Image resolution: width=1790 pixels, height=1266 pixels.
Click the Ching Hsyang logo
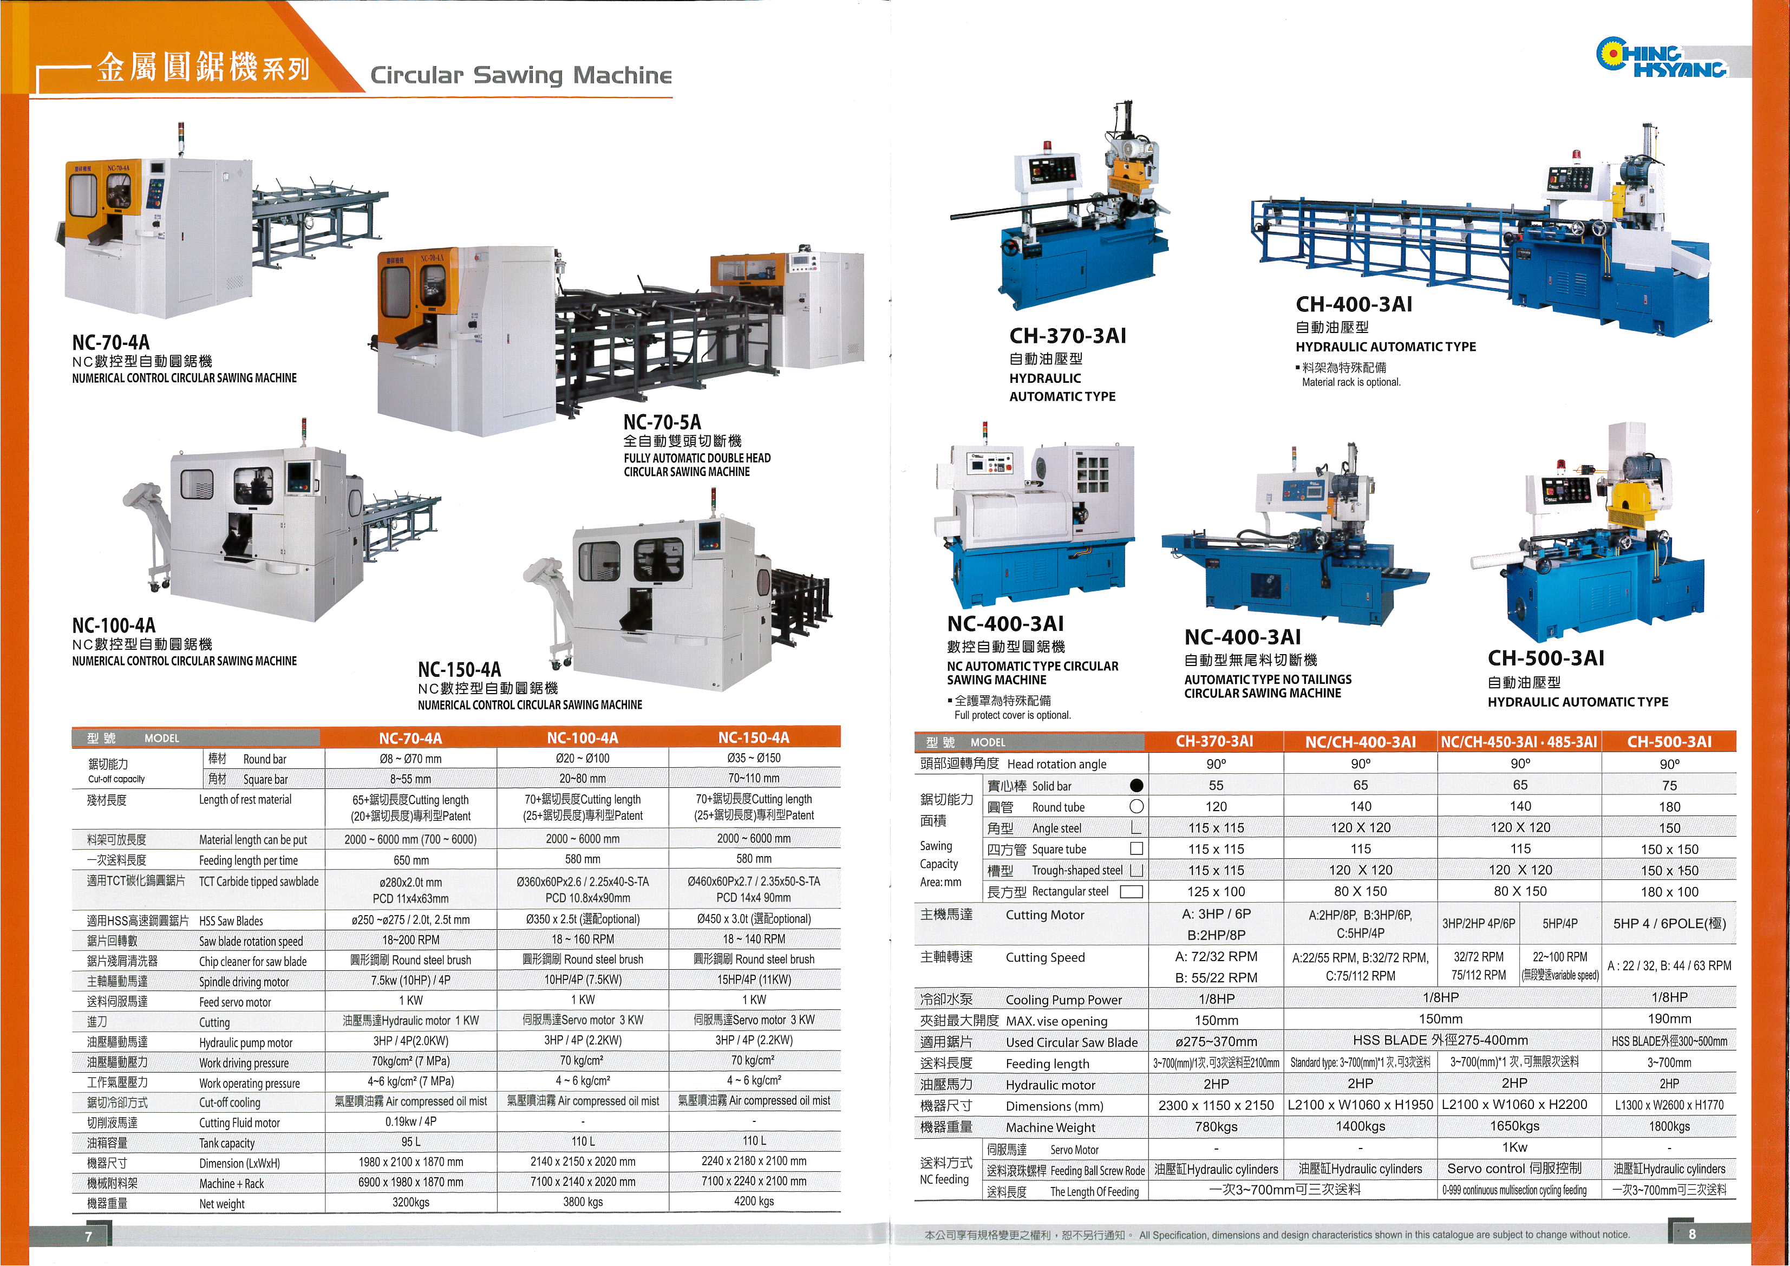tap(1662, 58)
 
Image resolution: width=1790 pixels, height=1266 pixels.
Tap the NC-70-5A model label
tap(662, 422)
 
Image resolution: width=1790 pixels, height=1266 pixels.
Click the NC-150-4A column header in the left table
tap(753, 738)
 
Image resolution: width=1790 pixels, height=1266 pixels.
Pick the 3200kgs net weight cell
tap(411, 1202)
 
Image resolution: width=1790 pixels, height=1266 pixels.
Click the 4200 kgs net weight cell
tap(754, 1202)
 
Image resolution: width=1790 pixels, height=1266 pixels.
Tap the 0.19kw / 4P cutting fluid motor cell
tap(411, 1122)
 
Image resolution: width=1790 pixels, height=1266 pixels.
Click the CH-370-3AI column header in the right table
tap(1214, 741)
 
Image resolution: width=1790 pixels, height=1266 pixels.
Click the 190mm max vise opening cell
tap(1669, 1019)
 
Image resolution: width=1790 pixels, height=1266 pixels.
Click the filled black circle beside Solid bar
tap(1136, 786)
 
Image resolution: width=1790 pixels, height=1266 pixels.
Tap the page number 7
tap(88, 1236)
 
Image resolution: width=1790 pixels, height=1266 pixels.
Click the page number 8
tap(1692, 1234)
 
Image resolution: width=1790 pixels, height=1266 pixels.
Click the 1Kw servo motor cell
tap(1513, 1147)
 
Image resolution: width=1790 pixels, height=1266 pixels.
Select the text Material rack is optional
tap(1351, 382)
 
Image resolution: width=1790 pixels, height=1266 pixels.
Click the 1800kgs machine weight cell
tap(1669, 1126)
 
